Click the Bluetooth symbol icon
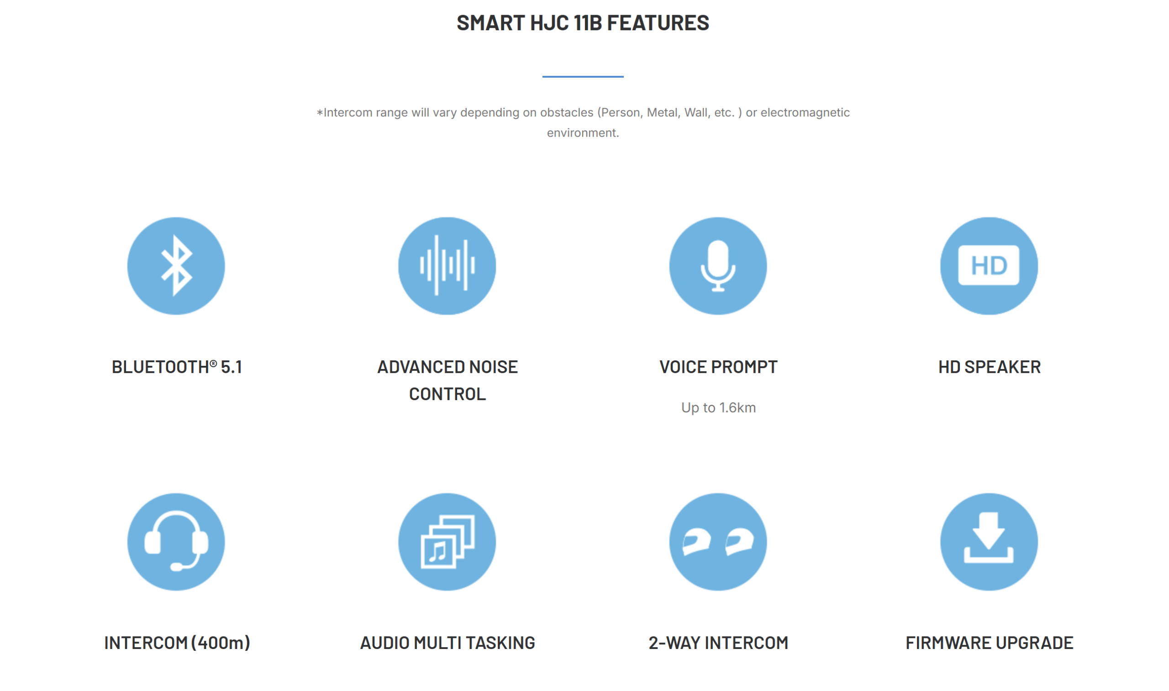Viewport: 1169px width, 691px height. coord(176,266)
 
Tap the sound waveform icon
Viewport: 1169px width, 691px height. coord(448,266)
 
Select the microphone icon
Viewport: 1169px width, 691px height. coord(718,266)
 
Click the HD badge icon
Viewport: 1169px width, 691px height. coord(989,266)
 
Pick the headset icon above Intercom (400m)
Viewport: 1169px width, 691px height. coord(176,542)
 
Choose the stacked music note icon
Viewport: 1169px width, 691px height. coord(448,542)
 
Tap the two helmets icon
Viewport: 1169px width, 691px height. coord(718,542)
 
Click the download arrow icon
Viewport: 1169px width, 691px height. coord(989,542)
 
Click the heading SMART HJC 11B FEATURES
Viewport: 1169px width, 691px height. coord(583,23)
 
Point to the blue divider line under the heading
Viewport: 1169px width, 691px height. coord(583,76)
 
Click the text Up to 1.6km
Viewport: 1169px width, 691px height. coord(718,408)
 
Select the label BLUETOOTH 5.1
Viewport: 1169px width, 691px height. coord(177,367)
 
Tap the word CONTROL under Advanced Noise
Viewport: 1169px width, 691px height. coord(448,395)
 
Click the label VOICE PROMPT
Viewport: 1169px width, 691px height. coord(718,367)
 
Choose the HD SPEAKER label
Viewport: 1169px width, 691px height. coord(989,367)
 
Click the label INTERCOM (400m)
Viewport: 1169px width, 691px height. coord(177,643)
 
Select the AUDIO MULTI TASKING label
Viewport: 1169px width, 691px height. coord(448,643)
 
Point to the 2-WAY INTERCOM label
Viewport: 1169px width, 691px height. coord(718,643)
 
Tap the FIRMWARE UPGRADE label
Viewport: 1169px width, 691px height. coord(989,643)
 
